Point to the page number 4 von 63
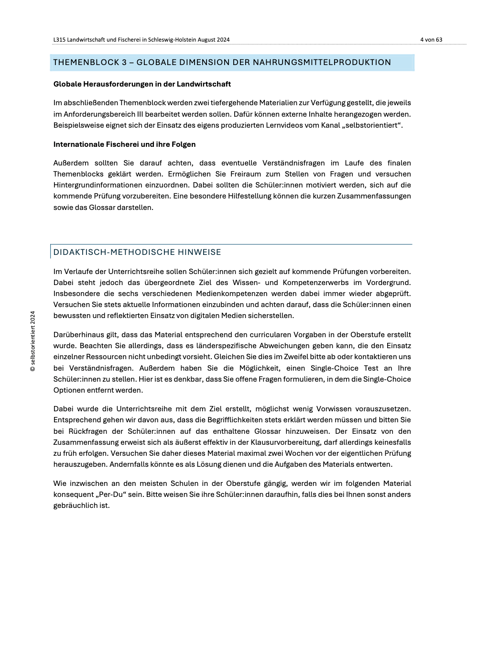click(x=431, y=40)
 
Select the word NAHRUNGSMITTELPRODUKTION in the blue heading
click(x=322, y=62)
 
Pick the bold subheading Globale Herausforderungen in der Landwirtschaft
click(x=142, y=84)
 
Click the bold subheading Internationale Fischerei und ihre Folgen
click(x=124, y=144)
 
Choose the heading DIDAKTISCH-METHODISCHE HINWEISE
click(x=137, y=252)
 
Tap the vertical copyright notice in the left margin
click(x=33, y=341)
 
